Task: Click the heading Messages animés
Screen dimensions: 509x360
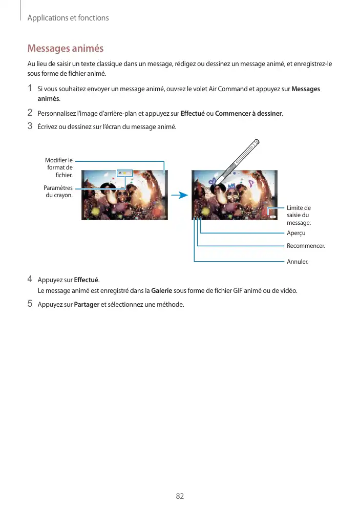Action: click(x=65, y=49)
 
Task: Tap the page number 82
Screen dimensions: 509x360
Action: click(x=180, y=496)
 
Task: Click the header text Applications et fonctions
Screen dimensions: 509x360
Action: click(x=68, y=18)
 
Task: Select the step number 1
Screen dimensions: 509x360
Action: click(x=30, y=89)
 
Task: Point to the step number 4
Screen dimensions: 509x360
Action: click(x=30, y=280)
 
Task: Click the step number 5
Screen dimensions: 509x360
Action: click(x=30, y=304)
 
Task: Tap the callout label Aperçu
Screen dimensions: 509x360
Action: click(x=296, y=234)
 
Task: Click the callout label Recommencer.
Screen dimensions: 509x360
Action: click(x=306, y=246)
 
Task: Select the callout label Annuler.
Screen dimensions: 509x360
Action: click(x=298, y=262)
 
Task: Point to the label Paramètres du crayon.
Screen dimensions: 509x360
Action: click(x=58, y=192)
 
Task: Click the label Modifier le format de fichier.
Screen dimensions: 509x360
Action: click(x=59, y=167)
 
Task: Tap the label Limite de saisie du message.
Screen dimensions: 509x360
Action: click(x=299, y=215)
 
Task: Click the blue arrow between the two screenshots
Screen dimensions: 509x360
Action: click(x=178, y=195)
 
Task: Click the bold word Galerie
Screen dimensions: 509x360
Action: click(x=162, y=291)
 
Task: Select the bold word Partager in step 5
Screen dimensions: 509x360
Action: click(x=87, y=305)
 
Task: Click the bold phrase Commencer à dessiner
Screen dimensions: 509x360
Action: click(x=249, y=113)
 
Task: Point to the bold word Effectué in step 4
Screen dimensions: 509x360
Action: click(x=87, y=280)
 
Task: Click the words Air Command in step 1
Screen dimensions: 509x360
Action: click(x=227, y=89)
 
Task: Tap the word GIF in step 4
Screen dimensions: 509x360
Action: click(x=239, y=291)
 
